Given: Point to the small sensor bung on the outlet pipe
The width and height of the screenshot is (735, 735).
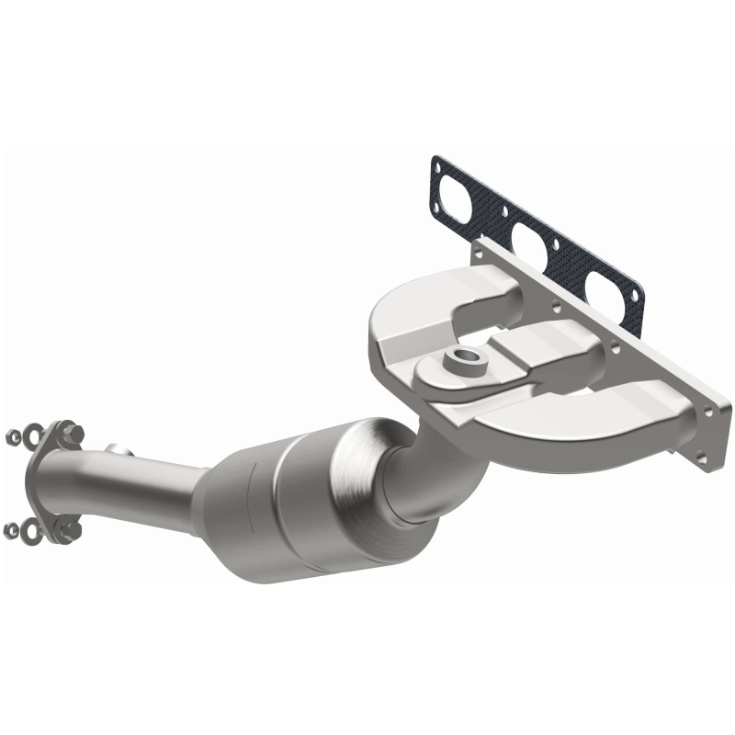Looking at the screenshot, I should pyautogui.click(x=117, y=450).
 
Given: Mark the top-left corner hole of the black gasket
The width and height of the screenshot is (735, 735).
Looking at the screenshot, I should pyautogui.click(x=438, y=165).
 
